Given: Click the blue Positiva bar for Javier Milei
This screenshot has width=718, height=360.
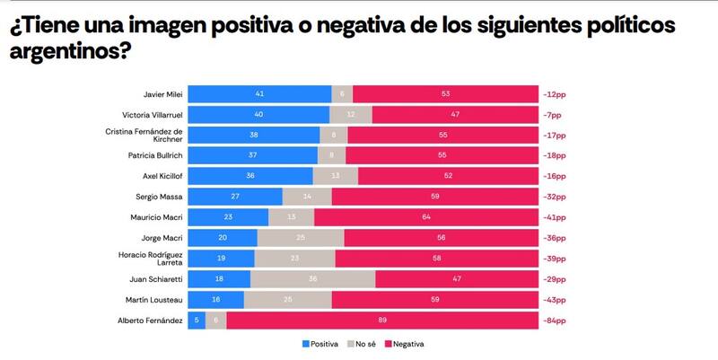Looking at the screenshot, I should point(259,93).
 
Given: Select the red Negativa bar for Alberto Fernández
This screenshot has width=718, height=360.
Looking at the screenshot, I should point(381,320).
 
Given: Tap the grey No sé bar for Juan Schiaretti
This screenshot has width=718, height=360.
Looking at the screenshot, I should point(312,279).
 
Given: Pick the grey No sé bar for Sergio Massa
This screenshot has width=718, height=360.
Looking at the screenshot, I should point(307,197).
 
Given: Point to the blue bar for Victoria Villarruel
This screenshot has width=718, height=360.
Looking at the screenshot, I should point(258,114).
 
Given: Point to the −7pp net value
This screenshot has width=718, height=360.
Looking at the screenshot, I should point(553,114).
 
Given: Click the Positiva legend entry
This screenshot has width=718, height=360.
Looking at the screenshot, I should point(321,344).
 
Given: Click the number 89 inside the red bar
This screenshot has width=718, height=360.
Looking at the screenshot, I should point(381,320).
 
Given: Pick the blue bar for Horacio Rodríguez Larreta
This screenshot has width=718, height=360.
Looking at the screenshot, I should point(221,259).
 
